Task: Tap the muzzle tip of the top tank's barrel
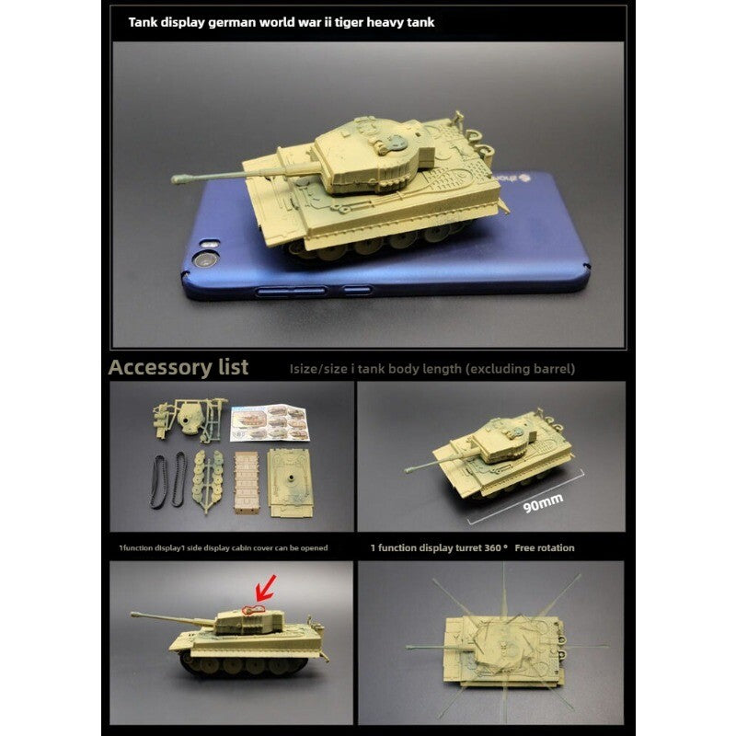tap(175, 180)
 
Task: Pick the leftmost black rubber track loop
tap(158, 479)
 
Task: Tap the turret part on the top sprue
tap(190, 418)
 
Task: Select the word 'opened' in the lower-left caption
tap(311, 547)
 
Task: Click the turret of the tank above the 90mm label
tap(494, 436)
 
